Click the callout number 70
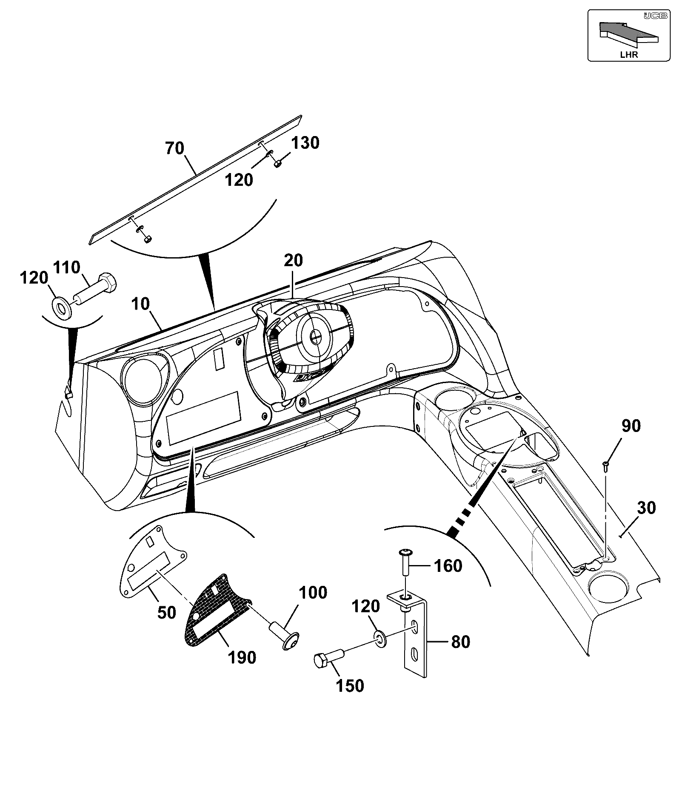point(175,149)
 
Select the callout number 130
point(305,143)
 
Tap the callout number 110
point(67,268)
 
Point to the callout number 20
point(293,260)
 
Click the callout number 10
point(141,304)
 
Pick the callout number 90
point(631,426)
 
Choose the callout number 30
point(647,508)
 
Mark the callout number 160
point(448,566)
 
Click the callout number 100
point(313,593)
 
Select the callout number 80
point(460,642)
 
